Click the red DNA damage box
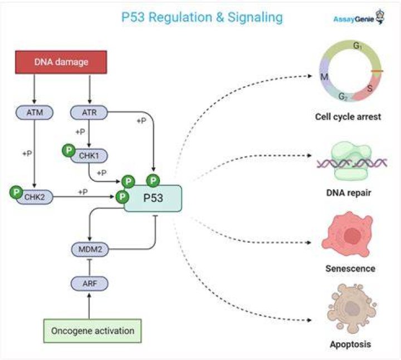click(61, 62)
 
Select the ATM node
click(35, 112)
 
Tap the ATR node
click(89, 112)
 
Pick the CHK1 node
click(89, 156)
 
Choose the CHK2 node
click(35, 197)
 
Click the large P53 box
click(153, 198)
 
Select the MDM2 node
click(90, 249)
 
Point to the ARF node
click(90, 283)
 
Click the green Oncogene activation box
click(92, 331)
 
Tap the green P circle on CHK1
click(69, 150)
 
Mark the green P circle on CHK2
click(16, 192)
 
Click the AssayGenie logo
click(359, 18)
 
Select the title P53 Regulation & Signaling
click(202, 17)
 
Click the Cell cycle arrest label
click(348, 117)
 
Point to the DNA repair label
click(349, 193)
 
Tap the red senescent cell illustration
click(348, 234)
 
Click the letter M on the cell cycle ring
click(324, 76)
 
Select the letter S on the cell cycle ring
click(370, 88)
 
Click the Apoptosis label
click(350, 344)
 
